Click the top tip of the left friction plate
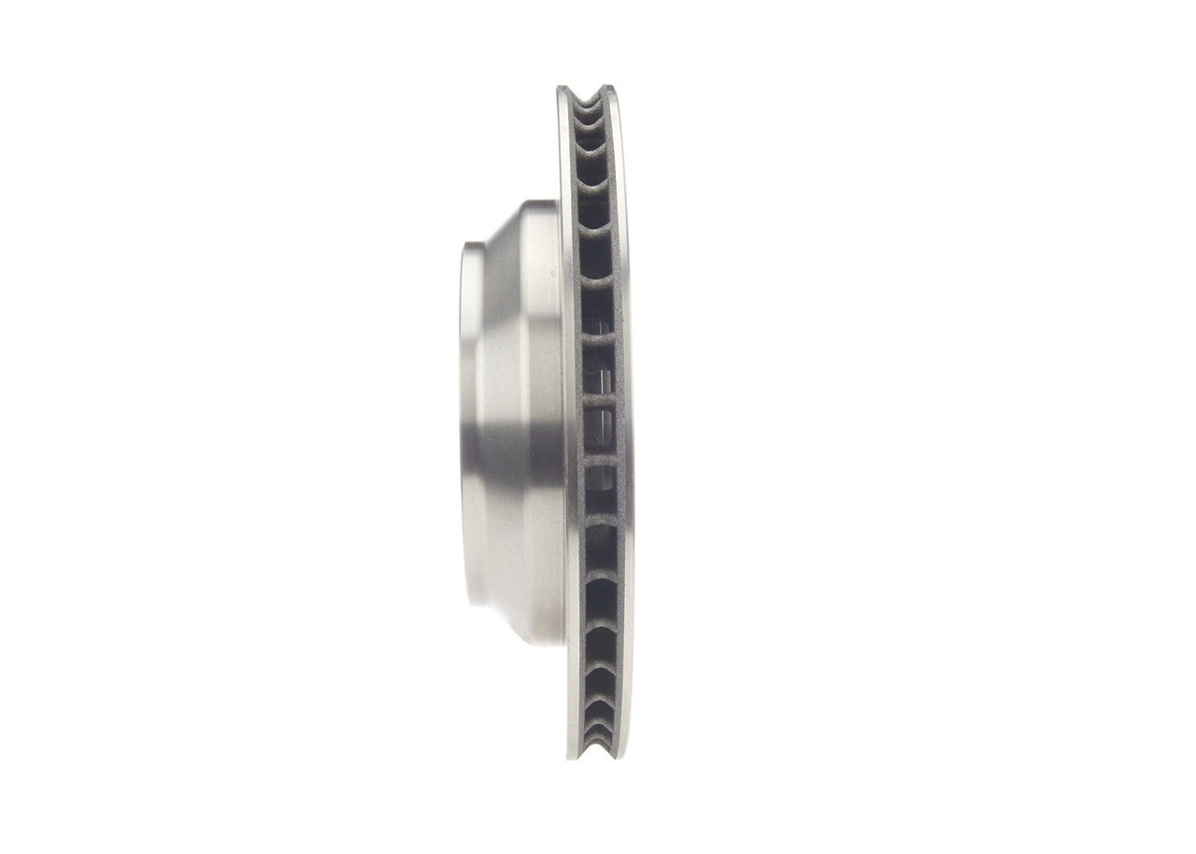point(563,90)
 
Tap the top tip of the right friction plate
point(608,90)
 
